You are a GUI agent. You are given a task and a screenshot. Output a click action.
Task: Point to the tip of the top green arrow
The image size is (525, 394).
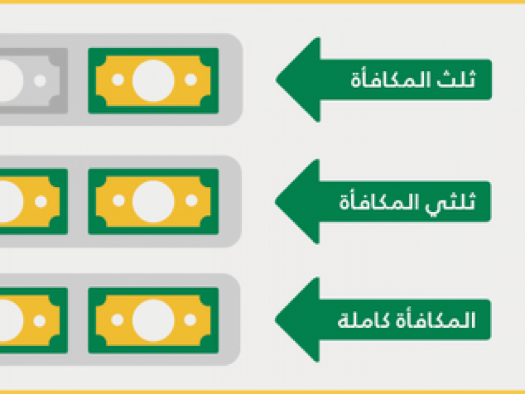pyautogui.click(x=276, y=80)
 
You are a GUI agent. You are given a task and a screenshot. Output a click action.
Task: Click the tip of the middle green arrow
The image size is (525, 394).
pyautogui.click(x=275, y=201)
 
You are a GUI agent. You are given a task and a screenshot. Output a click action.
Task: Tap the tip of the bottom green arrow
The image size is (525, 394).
pyautogui.click(x=275, y=319)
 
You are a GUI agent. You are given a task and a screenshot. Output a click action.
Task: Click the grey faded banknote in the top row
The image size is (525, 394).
pyautogui.click(x=33, y=81)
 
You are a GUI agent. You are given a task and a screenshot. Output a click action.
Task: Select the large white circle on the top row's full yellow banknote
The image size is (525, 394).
pyautogui.click(x=153, y=81)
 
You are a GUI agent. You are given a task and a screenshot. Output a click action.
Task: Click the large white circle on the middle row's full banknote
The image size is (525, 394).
pyautogui.click(x=153, y=201)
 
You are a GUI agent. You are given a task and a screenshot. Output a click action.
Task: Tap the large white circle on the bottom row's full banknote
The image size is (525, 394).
pyautogui.click(x=153, y=320)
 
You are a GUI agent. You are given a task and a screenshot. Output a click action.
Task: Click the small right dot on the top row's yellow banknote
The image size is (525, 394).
pyautogui.click(x=191, y=80)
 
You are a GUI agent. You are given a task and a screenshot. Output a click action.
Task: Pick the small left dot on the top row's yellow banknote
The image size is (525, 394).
pyautogui.click(x=118, y=80)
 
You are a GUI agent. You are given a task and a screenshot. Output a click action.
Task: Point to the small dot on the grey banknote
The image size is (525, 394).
pyautogui.click(x=40, y=81)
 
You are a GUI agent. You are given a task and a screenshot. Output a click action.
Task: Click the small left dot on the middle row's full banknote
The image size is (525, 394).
pyautogui.click(x=118, y=201)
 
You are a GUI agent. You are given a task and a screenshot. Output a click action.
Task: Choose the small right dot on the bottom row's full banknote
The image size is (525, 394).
pyautogui.click(x=190, y=320)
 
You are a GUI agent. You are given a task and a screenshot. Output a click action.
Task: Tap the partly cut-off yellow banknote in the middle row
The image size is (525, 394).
pyautogui.click(x=33, y=201)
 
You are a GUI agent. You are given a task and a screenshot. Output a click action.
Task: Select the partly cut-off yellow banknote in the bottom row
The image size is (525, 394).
pyautogui.click(x=33, y=320)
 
